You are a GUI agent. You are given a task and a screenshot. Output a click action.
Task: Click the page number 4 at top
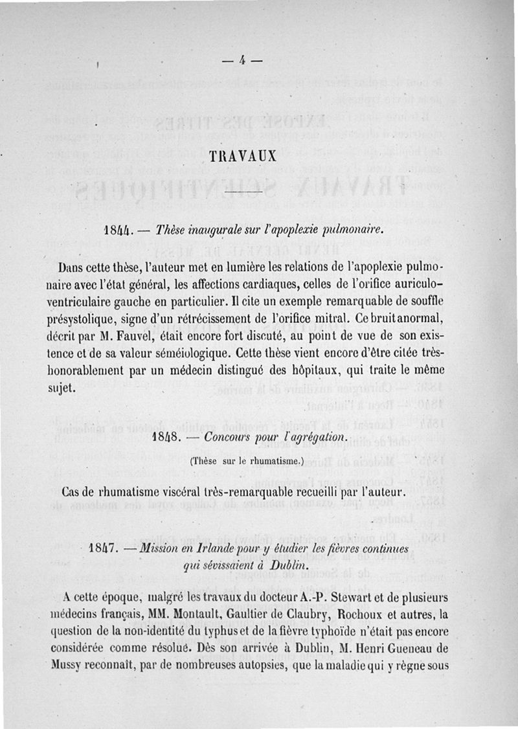coord(240,62)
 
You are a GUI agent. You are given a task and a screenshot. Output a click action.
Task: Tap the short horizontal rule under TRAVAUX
coord(242,194)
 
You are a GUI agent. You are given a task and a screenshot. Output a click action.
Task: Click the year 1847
coord(102,550)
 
